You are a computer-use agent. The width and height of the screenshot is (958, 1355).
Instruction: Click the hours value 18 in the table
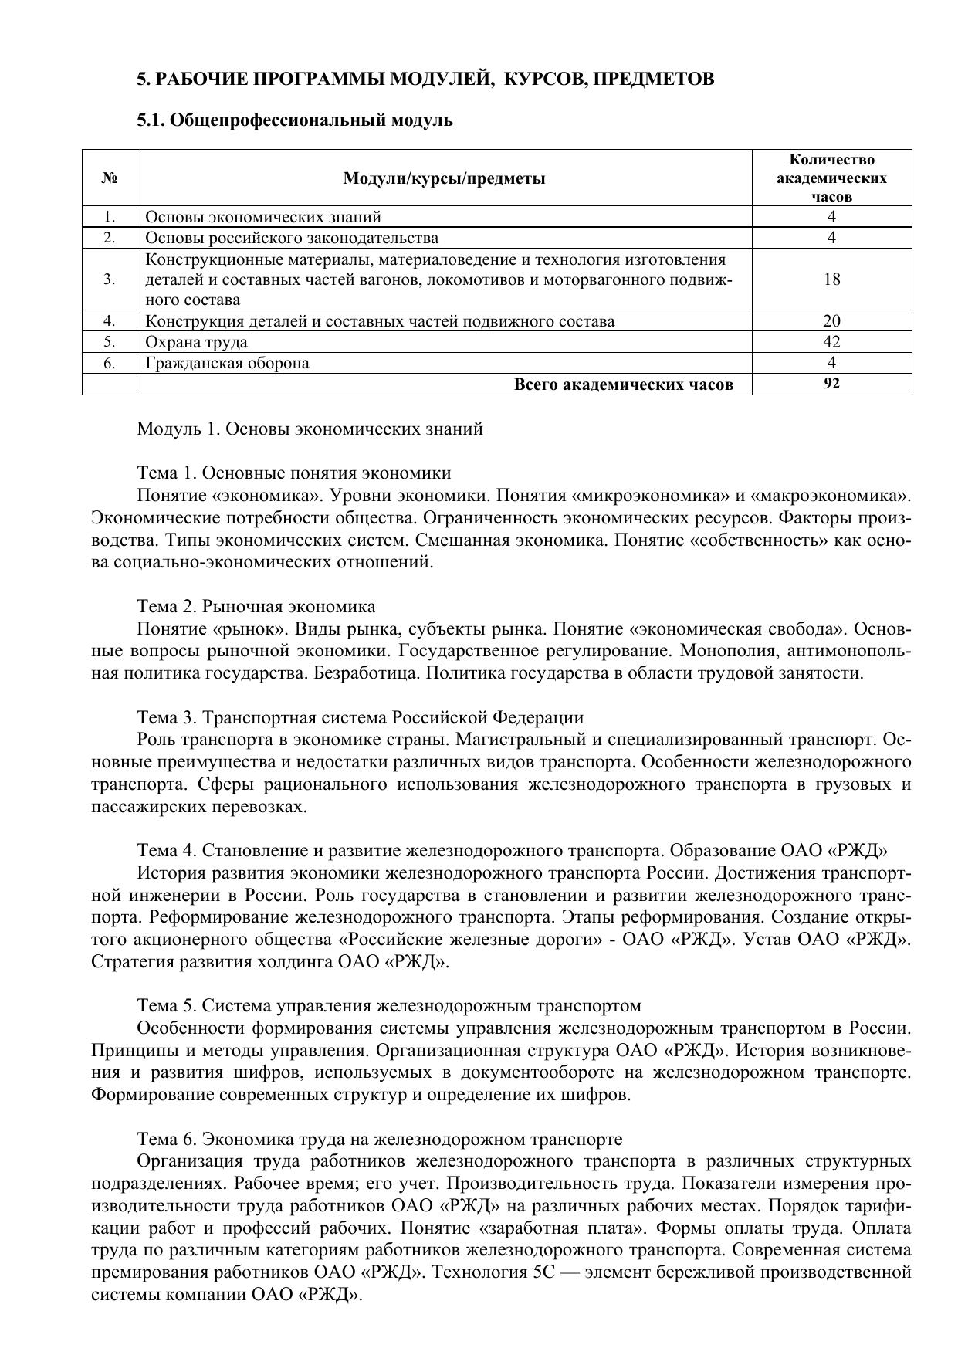831,279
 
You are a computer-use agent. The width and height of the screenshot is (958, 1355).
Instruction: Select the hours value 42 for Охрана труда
831,342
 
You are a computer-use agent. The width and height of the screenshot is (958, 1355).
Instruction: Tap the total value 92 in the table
831,384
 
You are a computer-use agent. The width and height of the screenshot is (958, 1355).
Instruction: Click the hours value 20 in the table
831,321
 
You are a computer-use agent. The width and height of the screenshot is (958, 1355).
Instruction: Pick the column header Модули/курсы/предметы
444,178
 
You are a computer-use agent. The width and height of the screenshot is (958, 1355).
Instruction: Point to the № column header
109,178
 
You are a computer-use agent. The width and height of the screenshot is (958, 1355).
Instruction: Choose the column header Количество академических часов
831,178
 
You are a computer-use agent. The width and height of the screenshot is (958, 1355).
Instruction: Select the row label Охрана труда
196,342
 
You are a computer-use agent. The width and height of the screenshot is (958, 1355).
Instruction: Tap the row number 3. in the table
109,279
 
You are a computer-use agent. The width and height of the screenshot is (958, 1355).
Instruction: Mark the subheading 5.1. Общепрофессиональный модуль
295,120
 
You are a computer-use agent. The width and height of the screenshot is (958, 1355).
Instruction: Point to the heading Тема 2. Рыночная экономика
256,606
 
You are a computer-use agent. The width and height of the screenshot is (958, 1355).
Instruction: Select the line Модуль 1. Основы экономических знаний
310,429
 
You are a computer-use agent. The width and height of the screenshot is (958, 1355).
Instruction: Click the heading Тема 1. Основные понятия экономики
294,473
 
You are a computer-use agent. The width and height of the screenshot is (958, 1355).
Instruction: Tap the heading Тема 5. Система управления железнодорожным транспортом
389,1006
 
